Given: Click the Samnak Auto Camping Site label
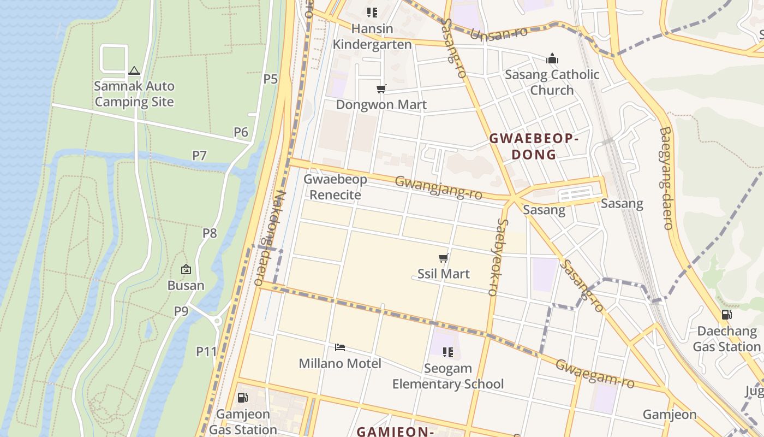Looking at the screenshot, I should [134, 94].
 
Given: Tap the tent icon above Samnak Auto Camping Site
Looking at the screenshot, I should [134, 70].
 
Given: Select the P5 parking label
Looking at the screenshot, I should [271, 79].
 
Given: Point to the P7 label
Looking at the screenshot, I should [199, 156].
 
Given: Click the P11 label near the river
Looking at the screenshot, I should [206, 351].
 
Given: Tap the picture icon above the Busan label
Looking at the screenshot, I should [186, 269].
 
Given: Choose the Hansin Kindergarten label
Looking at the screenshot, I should [372, 37].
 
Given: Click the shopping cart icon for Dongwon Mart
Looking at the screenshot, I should [381, 88].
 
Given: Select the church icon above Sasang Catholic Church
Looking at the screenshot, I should [552, 58].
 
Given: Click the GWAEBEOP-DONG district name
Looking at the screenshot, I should [533, 146].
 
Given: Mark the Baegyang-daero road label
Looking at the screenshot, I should [665, 178].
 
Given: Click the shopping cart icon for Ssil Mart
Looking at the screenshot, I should [443, 258].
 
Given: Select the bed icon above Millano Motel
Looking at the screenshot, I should [340, 347].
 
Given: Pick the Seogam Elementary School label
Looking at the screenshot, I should [448, 376].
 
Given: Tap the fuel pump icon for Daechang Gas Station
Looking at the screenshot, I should [726, 315].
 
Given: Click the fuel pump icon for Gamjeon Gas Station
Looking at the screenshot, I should [243, 398].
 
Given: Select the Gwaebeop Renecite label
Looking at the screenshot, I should [335, 187].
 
